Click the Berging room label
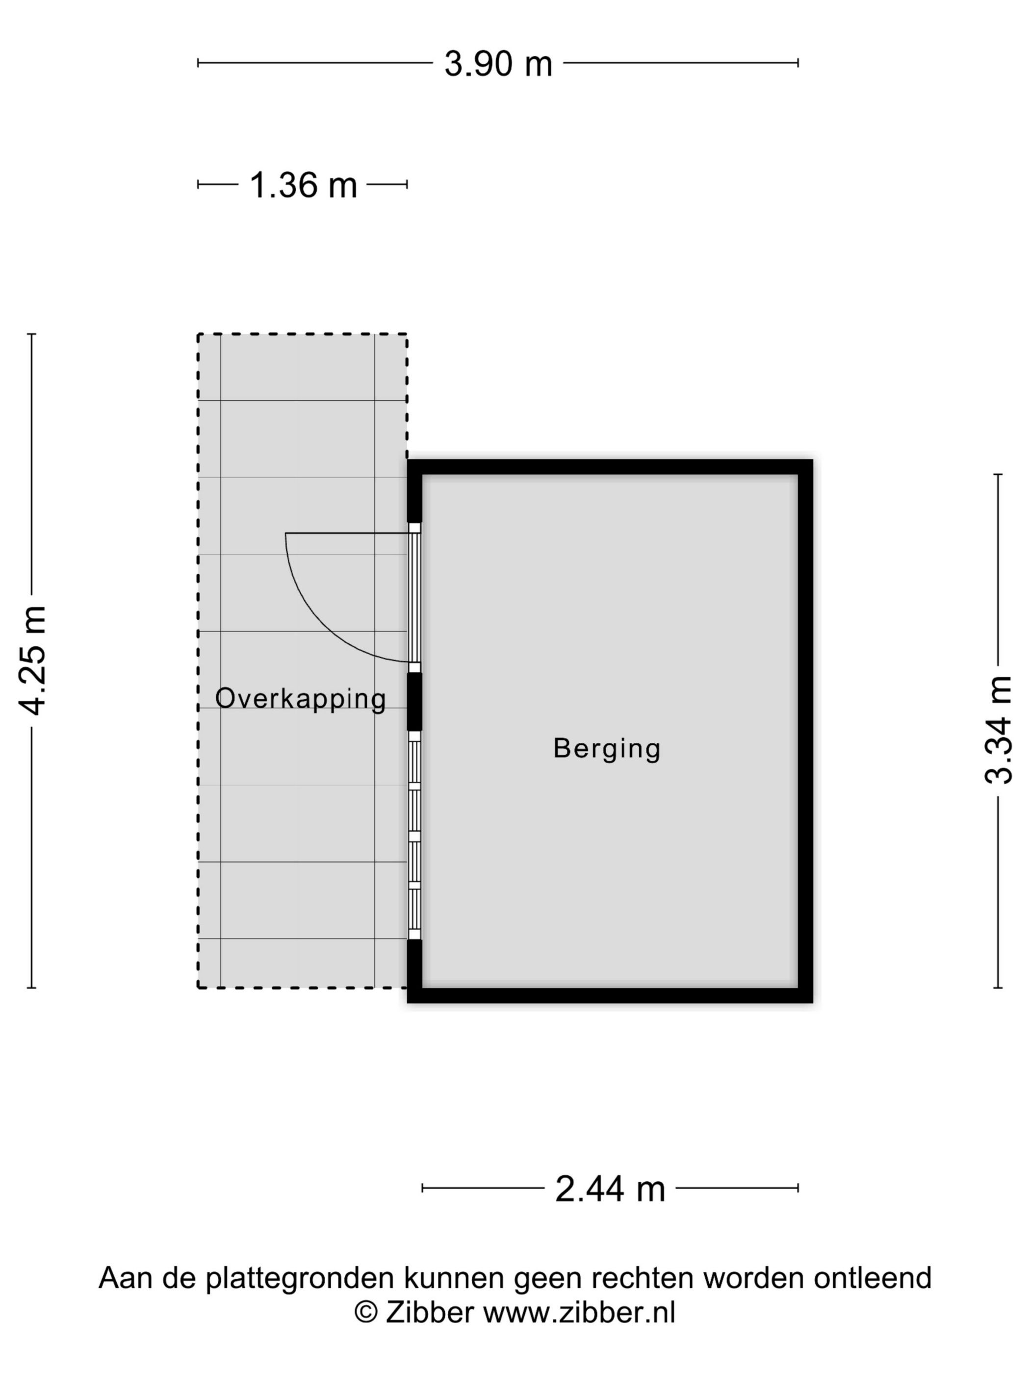point(607,750)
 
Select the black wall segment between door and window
point(414,701)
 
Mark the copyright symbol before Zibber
point(366,1313)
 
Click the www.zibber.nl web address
point(579,1313)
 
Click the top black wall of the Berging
point(610,467)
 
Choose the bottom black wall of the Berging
point(610,995)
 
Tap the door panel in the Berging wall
point(414,598)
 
